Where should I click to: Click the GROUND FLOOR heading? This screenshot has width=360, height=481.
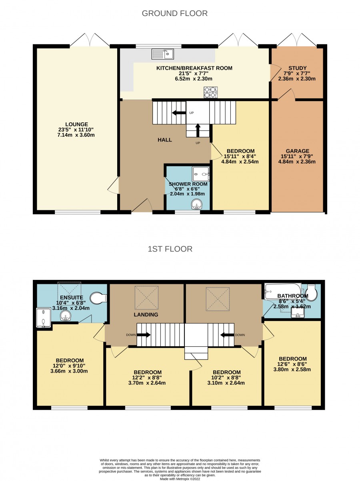coord(174,13)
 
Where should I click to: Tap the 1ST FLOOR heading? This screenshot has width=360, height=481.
coord(170,249)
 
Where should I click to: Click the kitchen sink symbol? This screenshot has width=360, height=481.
coord(162,54)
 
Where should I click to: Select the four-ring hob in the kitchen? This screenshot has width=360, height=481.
coord(210,92)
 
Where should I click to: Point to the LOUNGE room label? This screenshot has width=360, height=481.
coord(76,124)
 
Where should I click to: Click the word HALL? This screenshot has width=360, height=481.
coord(165,140)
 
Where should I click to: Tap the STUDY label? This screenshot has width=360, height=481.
coord(297,68)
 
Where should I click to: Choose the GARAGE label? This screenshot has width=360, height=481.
coord(297,151)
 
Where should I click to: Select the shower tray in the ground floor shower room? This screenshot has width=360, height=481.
coord(201,174)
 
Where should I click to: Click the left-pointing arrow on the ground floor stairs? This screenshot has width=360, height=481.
coord(179,113)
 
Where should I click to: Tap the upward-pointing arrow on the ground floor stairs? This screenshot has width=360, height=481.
coord(198,130)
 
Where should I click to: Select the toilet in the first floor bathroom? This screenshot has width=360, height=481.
coord(311,293)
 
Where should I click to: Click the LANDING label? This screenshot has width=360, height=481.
coord(146,315)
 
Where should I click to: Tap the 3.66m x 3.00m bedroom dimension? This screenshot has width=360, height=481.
coord(69,371)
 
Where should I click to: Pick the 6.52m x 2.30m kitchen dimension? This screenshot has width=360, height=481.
coord(194,79)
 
